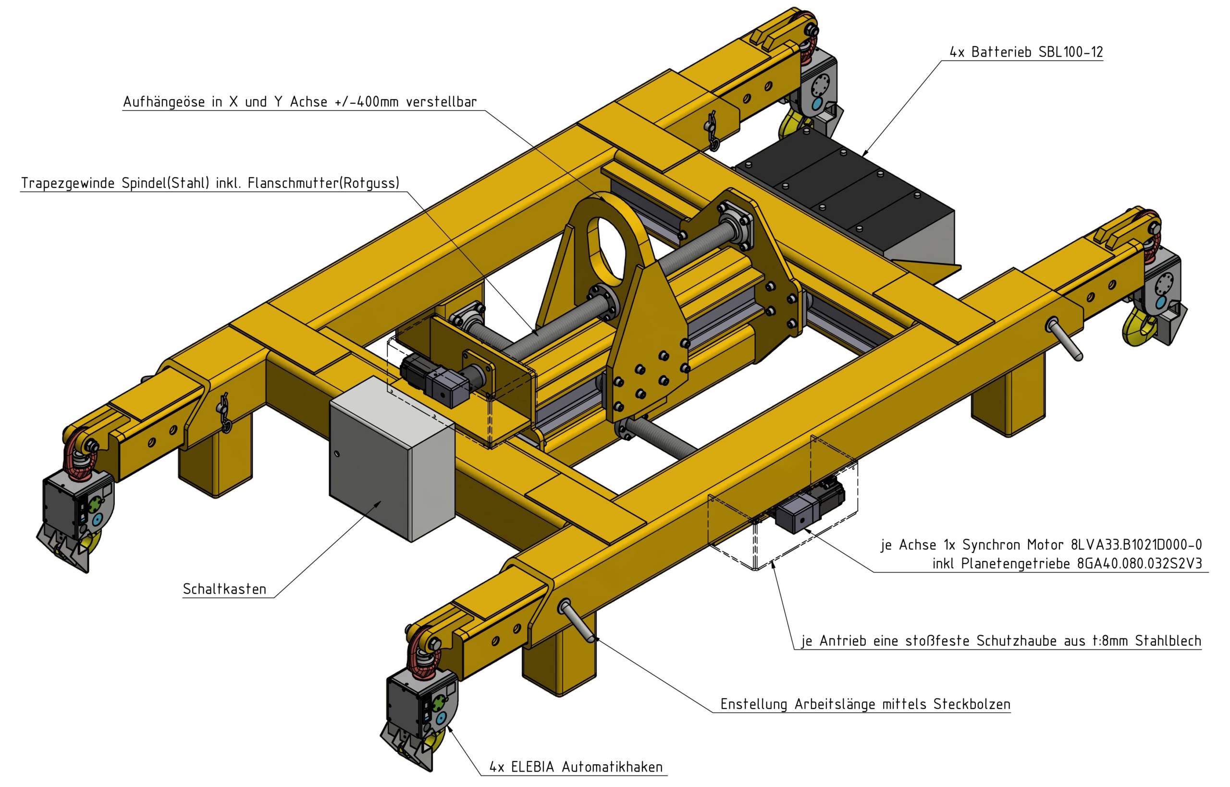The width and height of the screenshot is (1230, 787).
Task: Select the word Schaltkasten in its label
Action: (x=225, y=589)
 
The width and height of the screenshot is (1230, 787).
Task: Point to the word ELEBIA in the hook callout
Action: (x=533, y=767)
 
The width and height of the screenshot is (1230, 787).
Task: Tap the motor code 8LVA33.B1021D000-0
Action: (x=1136, y=545)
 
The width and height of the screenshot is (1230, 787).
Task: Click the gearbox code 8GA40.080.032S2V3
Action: (x=1140, y=563)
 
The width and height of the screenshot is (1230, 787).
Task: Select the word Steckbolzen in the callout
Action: (x=972, y=704)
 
